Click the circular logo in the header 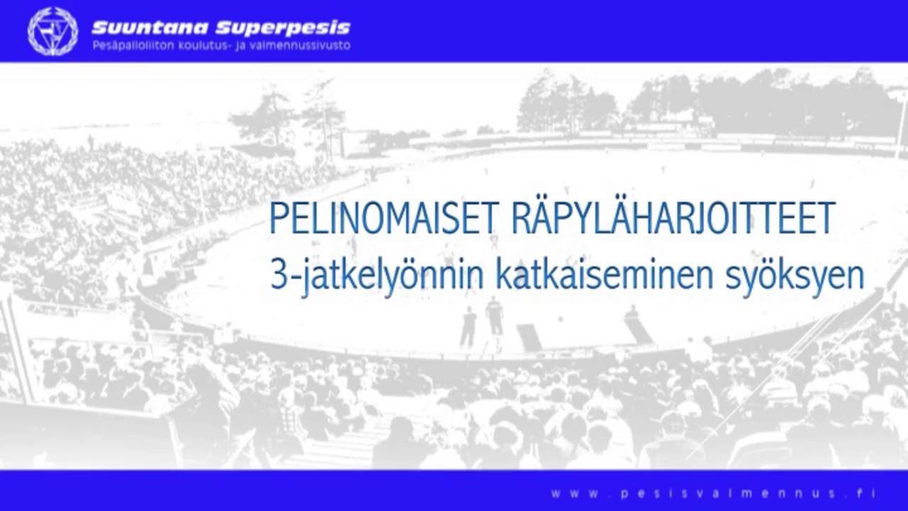pos(52,31)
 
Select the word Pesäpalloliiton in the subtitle pos(135,46)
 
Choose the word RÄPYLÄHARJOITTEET pos(671,219)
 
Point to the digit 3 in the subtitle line pos(277,275)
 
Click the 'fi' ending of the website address pos(868,493)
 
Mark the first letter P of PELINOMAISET pos(278,219)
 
